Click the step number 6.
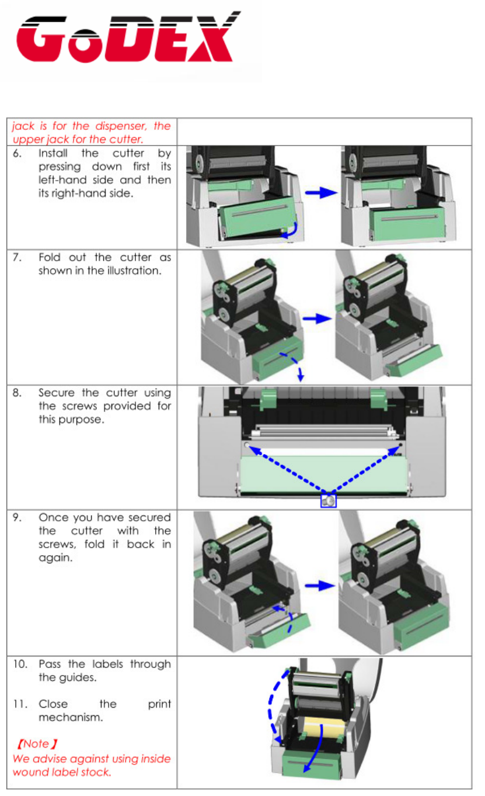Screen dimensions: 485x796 pos(18,154)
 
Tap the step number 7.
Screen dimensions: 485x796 pos(18,258)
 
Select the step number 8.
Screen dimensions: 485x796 pos(18,393)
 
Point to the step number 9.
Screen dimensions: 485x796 pos(18,518)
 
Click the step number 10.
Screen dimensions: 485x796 pos(20,665)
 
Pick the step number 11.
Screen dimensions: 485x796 pos(19,704)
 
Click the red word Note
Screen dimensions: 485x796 pos(36,744)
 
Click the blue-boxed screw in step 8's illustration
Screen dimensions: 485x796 pos(329,500)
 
